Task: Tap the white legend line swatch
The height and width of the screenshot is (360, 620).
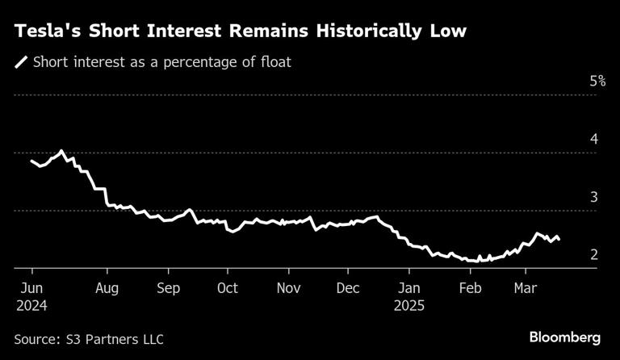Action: [21, 61]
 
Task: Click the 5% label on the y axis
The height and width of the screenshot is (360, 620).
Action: [597, 81]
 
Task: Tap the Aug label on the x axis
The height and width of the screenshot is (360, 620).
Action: [107, 288]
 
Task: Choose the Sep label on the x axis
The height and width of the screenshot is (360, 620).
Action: [168, 288]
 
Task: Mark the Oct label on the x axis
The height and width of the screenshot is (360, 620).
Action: [228, 288]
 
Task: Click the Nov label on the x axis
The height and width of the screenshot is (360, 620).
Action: [288, 288]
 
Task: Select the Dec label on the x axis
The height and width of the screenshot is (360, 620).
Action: [348, 288]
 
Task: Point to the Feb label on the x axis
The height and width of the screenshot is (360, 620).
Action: [470, 288]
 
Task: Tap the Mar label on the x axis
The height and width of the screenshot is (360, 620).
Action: [526, 288]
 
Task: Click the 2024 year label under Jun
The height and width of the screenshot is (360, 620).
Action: [30, 306]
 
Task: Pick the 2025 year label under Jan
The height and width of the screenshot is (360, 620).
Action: [409, 306]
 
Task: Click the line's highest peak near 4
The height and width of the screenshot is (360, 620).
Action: [61, 150]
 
